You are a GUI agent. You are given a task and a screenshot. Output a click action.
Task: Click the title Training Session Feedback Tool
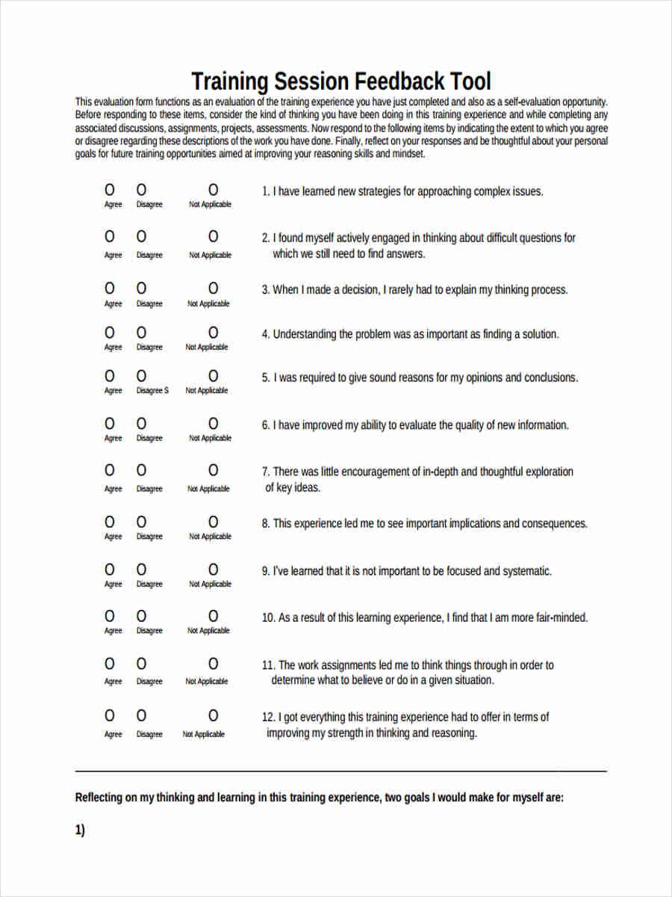click(341, 81)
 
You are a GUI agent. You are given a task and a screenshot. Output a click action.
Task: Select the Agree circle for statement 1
click(110, 190)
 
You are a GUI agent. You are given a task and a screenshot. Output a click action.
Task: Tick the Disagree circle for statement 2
click(141, 237)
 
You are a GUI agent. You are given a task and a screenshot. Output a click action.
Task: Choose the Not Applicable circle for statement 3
click(213, 288)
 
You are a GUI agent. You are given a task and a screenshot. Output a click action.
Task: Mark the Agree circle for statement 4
click(110, 332)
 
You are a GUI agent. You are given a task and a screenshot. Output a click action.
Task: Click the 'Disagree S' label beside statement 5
click(152, 391)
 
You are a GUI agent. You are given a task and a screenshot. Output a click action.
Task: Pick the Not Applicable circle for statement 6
click(213, 423)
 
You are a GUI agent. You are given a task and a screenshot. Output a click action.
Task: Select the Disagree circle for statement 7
click(141, 470)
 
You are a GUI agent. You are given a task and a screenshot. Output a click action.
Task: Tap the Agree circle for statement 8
click(110, 521)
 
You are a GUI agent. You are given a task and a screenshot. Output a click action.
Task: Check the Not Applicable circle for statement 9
click(213, 569)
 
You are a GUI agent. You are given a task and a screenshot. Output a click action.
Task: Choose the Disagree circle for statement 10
click(141, 616)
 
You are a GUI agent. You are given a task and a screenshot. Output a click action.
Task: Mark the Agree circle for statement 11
click(110, 664)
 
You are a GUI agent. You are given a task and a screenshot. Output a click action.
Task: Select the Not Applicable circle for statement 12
click(213, 715)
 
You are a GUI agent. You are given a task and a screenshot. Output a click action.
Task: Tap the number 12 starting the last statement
click(267, 718)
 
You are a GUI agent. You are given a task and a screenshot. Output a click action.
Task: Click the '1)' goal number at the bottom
click(80, 830)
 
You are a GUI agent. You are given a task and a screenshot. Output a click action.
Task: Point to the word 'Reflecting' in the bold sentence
click(99, 798)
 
